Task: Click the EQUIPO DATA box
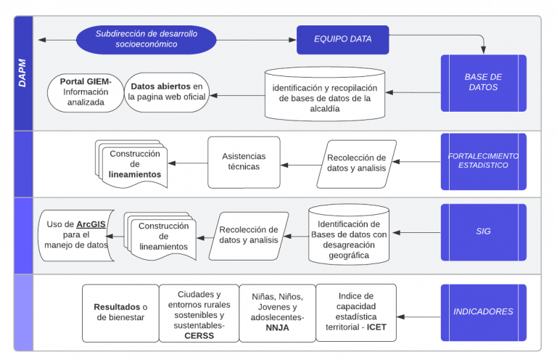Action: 342,39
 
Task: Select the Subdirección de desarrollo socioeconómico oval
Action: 147,39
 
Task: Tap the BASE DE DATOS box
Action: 483,82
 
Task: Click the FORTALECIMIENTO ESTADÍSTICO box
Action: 483,160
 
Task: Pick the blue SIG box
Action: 483,232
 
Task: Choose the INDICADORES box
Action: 483,312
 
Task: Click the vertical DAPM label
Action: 22,73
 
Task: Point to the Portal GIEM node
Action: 85,92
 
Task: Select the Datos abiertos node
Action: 168,92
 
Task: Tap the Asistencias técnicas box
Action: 244,162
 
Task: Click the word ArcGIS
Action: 92,224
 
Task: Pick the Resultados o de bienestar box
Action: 120,312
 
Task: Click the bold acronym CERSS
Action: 199,336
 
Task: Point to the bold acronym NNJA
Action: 278,327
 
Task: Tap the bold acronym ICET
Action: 377,327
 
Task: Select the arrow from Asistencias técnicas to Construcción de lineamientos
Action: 187,163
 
